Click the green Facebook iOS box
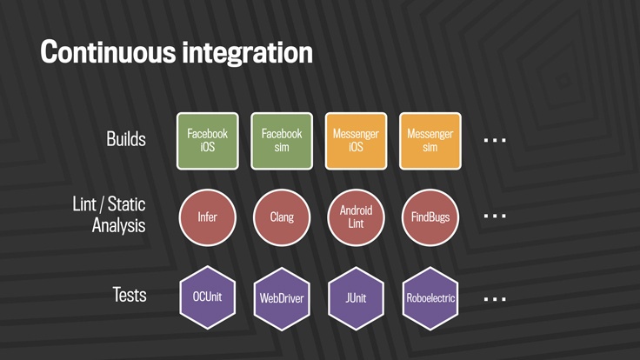(x=207, y=141)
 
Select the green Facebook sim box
(x=282, y=141)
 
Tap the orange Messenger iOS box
(x=356, y=141)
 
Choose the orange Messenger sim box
(x=430, y=141)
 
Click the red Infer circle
(x=207, y=217)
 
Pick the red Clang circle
(x=282, y=217)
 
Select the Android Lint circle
(x=356, y=217)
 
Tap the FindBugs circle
(x=430, y=217)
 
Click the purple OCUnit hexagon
(x=207, y=297)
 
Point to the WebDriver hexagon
(x=282, y=298)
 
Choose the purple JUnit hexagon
(x=356, y=298)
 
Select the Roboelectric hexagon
(x=430, y=298)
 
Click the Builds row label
(x=126, y=139)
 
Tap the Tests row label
(x=130, y=295)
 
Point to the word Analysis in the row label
(x=118, y=225)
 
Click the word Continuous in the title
(x=108, y=52)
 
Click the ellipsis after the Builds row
(x=495, y=140)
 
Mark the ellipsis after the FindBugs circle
(x=495, y=216)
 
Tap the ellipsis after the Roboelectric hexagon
(x=495, y=299)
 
